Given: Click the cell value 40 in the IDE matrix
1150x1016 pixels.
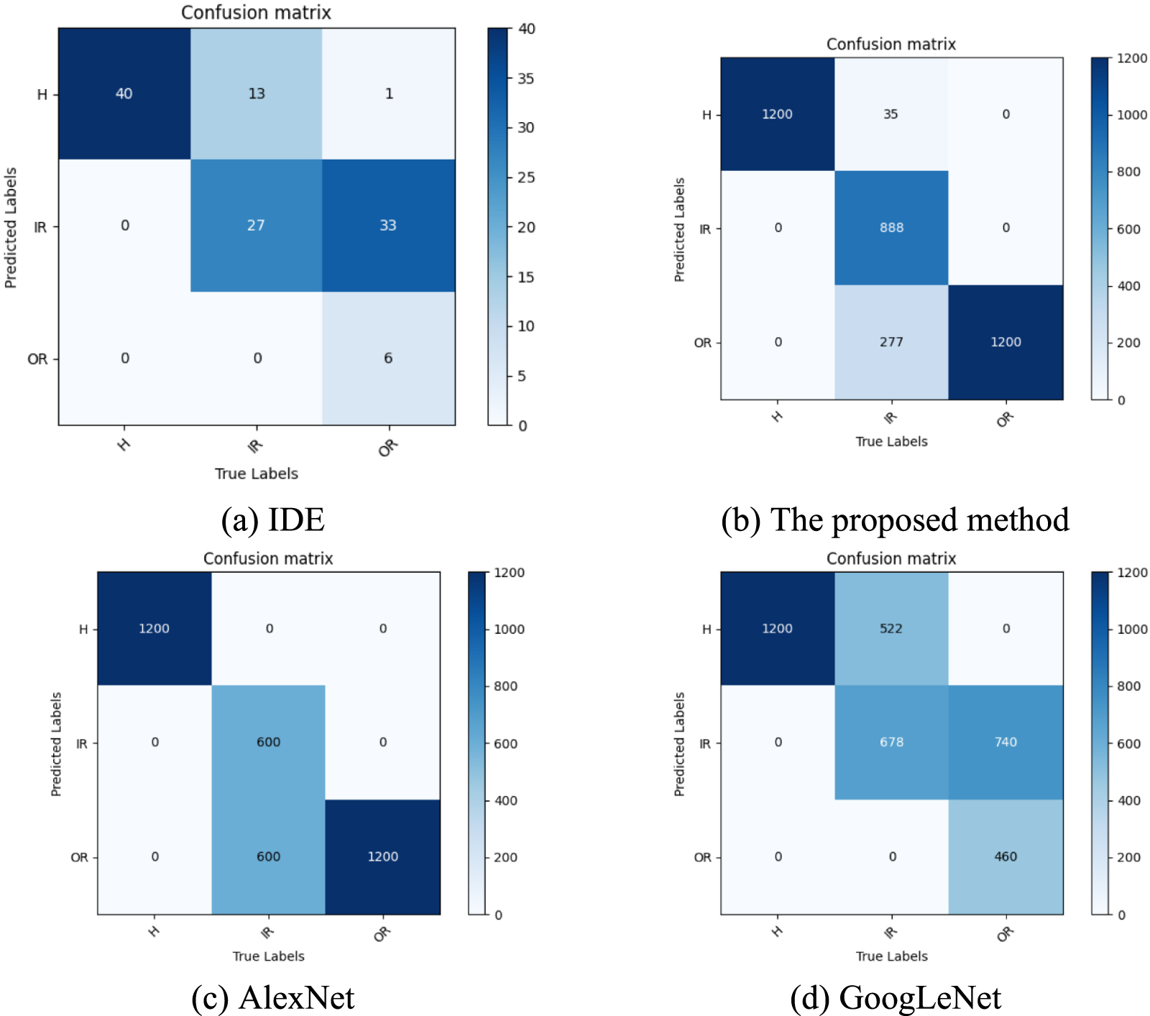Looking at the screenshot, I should [124, 93].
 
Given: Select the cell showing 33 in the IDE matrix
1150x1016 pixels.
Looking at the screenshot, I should [387, 226].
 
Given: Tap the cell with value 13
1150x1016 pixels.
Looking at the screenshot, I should [257, 93].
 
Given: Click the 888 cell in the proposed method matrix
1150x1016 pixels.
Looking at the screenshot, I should [891, 228].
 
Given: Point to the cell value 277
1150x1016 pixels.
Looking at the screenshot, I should [891, 342].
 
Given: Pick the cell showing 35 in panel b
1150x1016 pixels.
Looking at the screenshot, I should [891, 114].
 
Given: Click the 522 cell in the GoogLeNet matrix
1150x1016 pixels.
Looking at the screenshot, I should [891, 629].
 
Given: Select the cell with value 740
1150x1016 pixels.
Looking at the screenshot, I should [1006, 742].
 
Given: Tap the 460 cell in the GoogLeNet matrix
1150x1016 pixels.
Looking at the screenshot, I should [1006, 856].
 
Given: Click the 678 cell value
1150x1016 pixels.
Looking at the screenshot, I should [891, 742].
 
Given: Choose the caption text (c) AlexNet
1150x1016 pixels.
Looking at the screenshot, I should [272, 997].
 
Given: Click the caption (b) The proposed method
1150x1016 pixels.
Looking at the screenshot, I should [895, 519].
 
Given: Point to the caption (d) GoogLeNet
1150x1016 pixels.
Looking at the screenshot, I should [895, 997].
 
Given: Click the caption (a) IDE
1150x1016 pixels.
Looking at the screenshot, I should [272, 519].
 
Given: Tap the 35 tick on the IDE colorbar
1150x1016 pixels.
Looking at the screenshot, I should [525, 78].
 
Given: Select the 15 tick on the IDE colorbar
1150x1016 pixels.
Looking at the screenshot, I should [525, 277].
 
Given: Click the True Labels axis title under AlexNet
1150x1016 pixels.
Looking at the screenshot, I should [268, 956].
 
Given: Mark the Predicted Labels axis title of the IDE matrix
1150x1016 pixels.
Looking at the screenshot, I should [11, 228].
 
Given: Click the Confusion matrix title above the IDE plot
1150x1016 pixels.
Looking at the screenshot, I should [256, 12].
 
